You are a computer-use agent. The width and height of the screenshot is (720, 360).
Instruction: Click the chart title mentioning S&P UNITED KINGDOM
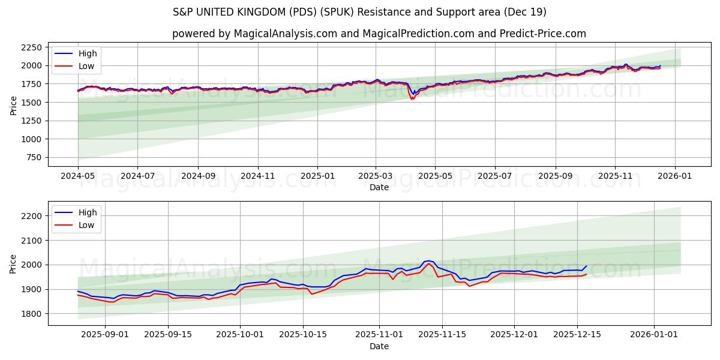click(x=359, y=12)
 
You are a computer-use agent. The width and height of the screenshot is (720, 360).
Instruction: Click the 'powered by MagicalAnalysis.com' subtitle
click(x=379, y=34)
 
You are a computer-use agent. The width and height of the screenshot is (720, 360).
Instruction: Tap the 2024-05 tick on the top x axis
click(x=78, y=177)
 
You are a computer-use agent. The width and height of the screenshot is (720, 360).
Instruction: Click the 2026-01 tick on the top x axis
click(x=675, y=177)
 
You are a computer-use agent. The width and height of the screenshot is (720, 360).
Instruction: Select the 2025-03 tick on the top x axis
click(x=376, y=177)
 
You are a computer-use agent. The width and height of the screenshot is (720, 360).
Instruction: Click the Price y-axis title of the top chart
click(x=13, y=105)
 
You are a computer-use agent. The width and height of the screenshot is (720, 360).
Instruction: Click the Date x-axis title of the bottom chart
click(x=379, y=346)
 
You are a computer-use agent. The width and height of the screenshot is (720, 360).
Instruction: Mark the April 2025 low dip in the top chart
click(x=412, y=99)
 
